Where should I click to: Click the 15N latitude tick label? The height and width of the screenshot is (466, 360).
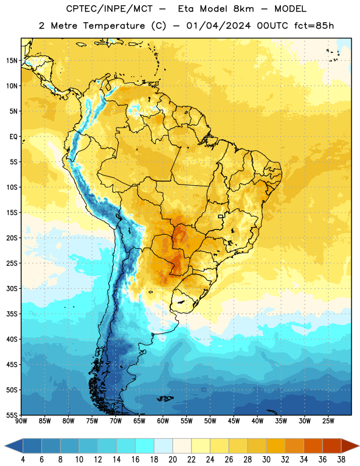pos(12,61)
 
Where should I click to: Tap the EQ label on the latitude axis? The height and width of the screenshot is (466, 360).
pos(13,137)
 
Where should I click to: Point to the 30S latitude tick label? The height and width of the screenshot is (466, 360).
pos(12,288)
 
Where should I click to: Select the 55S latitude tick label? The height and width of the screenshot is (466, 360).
pos(12,415)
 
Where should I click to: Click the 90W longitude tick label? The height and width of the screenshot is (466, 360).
pos(21,421)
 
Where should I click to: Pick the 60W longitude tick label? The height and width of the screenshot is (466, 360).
pos(163,421)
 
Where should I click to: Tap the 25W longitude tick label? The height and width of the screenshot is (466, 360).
pos(328,421)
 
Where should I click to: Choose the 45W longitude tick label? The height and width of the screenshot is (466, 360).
pos(234,421)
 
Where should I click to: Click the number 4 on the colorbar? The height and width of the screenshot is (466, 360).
pos(23,460)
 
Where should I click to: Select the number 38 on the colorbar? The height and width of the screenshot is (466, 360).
pos(341,460)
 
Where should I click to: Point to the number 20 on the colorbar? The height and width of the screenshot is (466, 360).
pos(172,460)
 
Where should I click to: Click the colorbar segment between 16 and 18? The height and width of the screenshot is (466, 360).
pos(145,446)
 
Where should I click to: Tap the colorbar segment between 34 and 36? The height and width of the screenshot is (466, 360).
pos(313,446)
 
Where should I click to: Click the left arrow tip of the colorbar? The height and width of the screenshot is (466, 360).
pos(5,446)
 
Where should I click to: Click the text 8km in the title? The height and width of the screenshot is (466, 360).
pos(243,9)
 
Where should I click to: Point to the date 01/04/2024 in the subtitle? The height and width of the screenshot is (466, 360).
pos(218,26)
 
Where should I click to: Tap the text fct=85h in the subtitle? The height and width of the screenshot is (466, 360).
pos(314,26)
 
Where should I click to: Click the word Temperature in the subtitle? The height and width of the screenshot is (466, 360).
pos(114,26)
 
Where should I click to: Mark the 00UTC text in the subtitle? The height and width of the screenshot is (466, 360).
pos(273,26)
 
